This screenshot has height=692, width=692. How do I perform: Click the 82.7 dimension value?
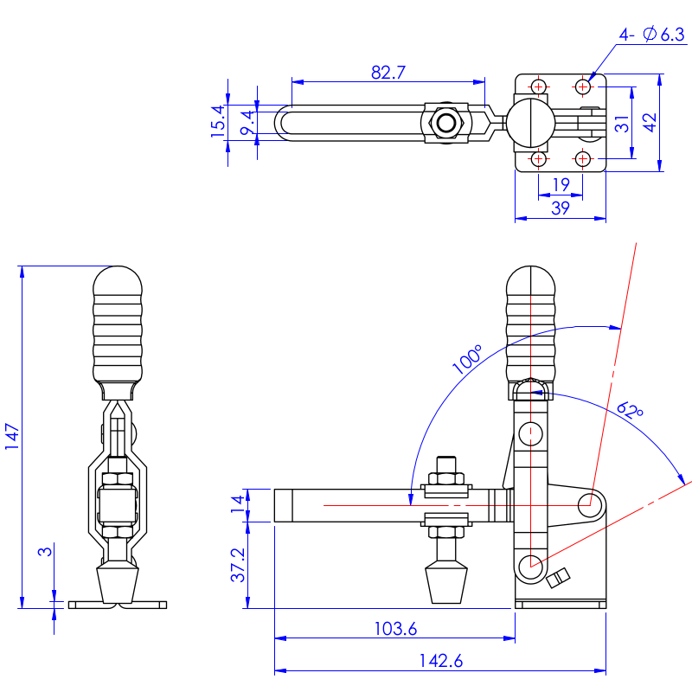coord(388,73)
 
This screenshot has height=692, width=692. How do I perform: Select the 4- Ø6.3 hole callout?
coord(651,35)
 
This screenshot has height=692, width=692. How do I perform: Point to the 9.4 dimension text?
coord(247,123)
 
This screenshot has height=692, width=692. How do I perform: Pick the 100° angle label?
coord(468,359)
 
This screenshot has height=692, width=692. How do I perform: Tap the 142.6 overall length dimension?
coord(440,661)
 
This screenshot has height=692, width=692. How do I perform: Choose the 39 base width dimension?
coord(560,208)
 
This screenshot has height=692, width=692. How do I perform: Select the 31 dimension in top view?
coord(622,124)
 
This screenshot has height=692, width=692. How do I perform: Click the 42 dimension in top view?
coord(650,124)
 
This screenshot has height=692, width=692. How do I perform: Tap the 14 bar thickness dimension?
coord(236,505)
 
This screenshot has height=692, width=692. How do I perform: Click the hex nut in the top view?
coord(446,123)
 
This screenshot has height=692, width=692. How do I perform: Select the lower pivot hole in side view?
coord(529,567)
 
